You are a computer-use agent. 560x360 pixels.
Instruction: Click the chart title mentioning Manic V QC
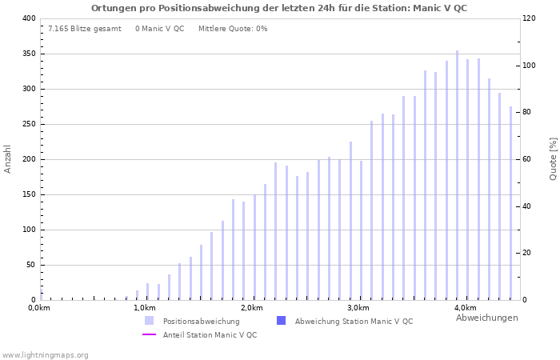(279, 8)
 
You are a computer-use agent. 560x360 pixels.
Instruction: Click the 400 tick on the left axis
(28, 18)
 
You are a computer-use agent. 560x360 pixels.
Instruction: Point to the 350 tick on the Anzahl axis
(28, 54)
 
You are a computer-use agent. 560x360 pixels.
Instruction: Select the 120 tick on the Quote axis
(530, 18)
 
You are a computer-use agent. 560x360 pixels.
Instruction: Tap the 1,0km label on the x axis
(144, 308)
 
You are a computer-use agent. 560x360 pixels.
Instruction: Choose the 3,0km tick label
(358, 308)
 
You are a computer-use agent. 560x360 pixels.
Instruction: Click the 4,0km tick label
(466, 308)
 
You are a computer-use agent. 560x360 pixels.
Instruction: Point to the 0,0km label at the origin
(38, 308)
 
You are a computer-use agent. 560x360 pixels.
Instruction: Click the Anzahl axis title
(8, 158)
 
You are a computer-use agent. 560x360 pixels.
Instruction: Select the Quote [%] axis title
(553, 158)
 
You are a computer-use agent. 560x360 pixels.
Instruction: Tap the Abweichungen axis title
(486, 318)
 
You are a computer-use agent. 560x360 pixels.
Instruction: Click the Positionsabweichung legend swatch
(149, 321)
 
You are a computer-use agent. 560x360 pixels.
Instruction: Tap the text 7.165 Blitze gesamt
(84, 29)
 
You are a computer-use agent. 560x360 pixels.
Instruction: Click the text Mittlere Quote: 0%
(233, 29)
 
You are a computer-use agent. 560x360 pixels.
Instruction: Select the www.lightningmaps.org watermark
(45, 354)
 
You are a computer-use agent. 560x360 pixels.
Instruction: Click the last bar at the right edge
(510, 203)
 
